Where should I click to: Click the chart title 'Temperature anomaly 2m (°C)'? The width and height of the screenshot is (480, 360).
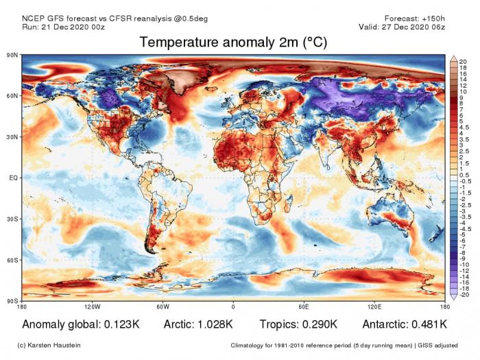pos(233,43)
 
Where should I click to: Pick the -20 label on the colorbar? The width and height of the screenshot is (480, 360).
pos(464,295)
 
